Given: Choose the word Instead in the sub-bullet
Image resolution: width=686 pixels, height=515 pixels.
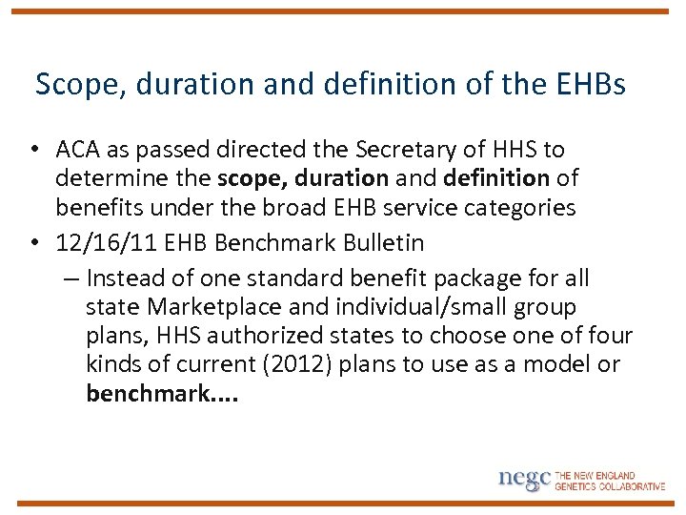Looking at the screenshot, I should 121,278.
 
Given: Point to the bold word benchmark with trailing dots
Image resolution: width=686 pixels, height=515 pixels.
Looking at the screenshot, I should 161,394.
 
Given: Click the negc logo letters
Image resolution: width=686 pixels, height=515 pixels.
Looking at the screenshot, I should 523,479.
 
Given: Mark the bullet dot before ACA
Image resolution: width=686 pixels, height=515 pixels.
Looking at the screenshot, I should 33,150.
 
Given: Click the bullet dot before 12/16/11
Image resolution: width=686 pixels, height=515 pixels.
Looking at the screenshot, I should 33,243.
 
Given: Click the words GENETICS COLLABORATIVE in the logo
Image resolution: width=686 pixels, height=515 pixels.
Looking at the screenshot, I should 610,486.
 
